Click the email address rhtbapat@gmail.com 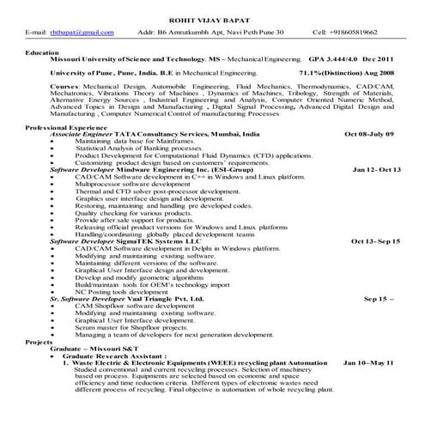(x=81, y=32)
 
